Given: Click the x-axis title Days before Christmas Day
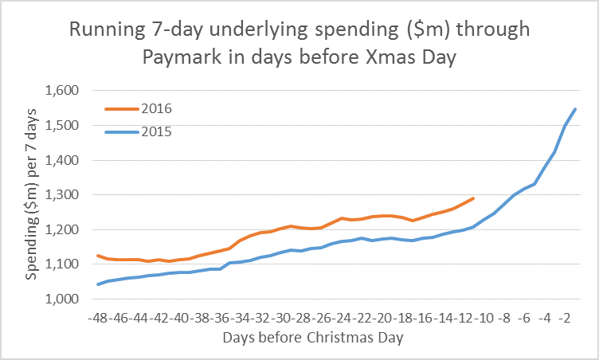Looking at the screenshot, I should [314, 338].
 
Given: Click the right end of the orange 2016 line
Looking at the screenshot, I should [473, 198].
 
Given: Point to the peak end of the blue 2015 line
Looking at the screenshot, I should [575, 109].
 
